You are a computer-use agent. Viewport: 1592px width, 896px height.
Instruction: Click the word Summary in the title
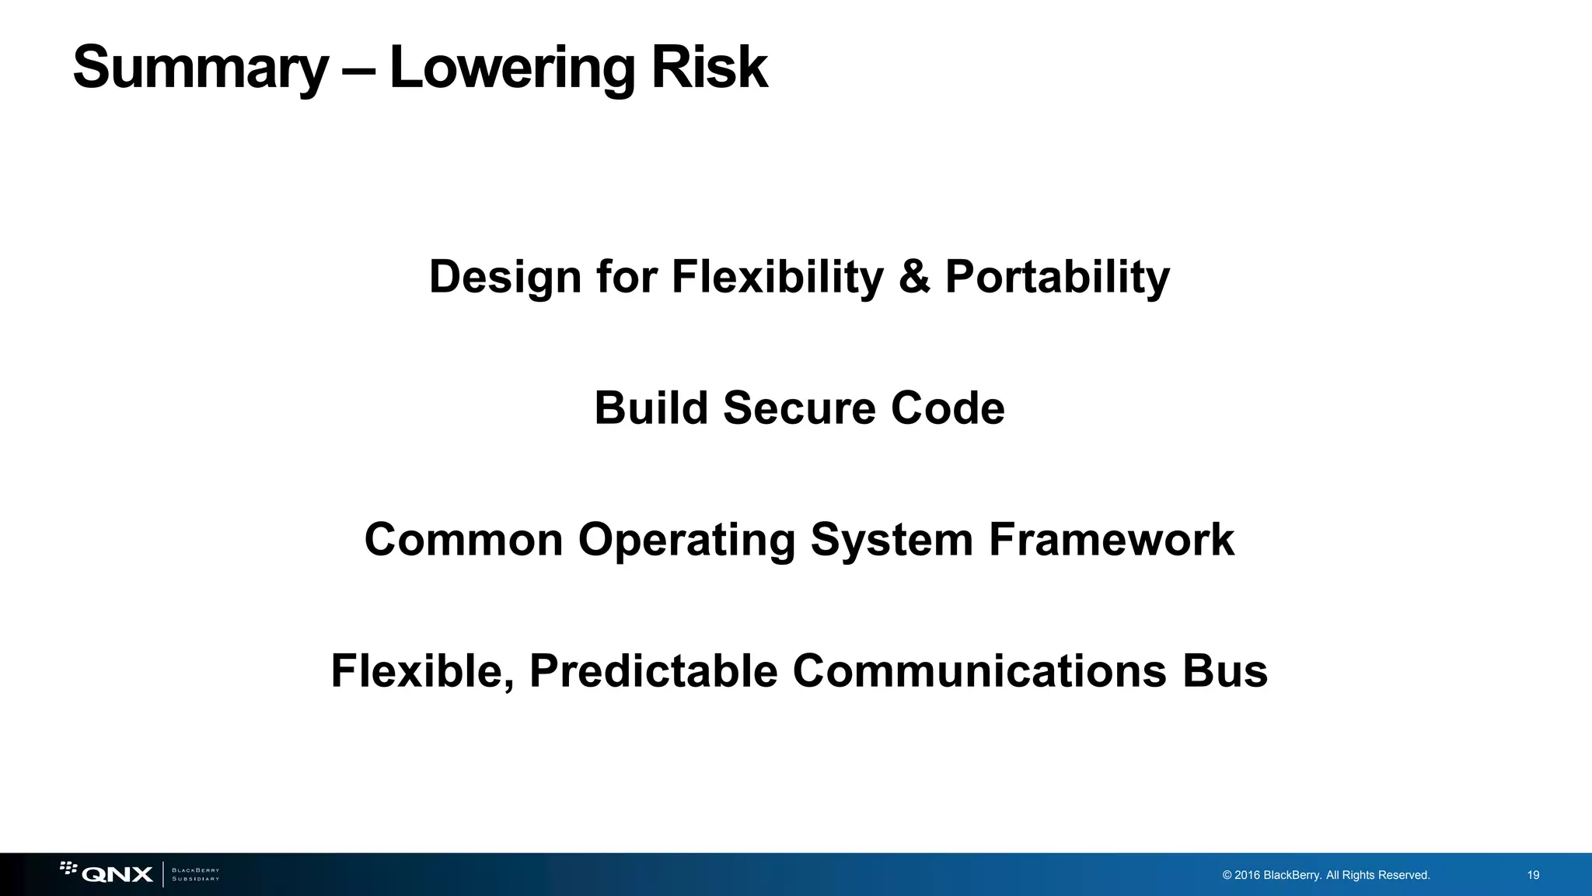pyautogui.click(x=201, y=68)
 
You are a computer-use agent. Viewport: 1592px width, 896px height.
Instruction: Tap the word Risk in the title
pyautogui.click(x=709, y=68)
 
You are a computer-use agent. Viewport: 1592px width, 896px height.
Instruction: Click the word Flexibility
pyautogui.click(x=777, y=277)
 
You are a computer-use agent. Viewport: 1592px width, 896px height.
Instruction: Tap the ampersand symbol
pyautogui.click(x=914, y=277)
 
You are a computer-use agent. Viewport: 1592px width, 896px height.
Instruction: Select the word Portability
pyautogui.click(x=1057, y=277)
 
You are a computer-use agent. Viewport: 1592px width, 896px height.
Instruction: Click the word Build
pyautogui.click(x=651, y=408)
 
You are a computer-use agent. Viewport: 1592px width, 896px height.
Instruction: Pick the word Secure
pyautogui.click(x=799, y=408)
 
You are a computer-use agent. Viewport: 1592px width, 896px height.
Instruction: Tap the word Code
pyautogui.click(x=948, y=408)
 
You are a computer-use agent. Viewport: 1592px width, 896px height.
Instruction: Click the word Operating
pyautogui.click(x=686, y=540)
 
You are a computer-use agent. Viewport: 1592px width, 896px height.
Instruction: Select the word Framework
pyautogui.click(x=1111, y=540)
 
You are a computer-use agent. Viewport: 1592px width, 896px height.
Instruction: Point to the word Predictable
pyautogui.click(x=654, y=671)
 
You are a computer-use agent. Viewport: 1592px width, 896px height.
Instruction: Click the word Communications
pyautogui.click(x=979, y=671)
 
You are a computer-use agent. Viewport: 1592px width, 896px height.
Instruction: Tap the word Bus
pyautogui.click(x=1225, y=671)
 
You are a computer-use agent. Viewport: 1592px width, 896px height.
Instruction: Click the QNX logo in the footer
pyautogui.click(x=107, y=873)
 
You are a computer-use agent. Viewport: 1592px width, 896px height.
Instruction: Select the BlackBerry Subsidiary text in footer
pyautogui.click(x=195, y=874)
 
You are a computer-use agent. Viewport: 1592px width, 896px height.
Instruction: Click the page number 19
pyautogui.click(x=1533, y=875)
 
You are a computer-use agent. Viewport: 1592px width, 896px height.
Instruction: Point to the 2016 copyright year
pyautogui.click(x=1247, y=875)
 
